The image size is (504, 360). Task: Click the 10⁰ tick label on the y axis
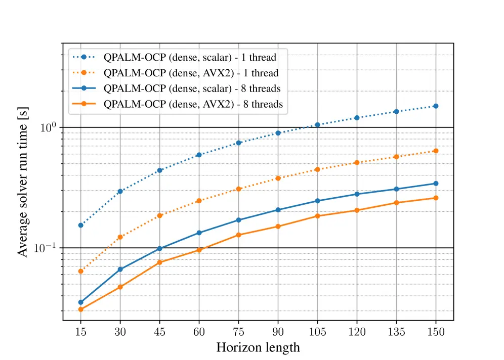point(48,127)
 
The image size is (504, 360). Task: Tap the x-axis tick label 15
point(80,332)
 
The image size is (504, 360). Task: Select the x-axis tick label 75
point(238,332)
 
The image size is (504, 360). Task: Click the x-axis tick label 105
point(317,332)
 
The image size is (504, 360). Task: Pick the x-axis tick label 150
point(436,332)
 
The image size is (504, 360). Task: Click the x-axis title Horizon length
point(258,348)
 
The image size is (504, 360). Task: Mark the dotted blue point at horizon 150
point(436,106)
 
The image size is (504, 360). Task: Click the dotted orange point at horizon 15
point(80,272)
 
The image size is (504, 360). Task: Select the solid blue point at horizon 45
point(159,248)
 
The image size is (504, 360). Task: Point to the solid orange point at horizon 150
point(436,198)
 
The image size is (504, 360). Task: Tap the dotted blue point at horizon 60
point(199,155)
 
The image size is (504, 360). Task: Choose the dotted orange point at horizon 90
point(278,178)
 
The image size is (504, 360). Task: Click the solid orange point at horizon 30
point(120,287)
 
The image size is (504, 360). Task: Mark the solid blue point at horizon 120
point(357,194)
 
